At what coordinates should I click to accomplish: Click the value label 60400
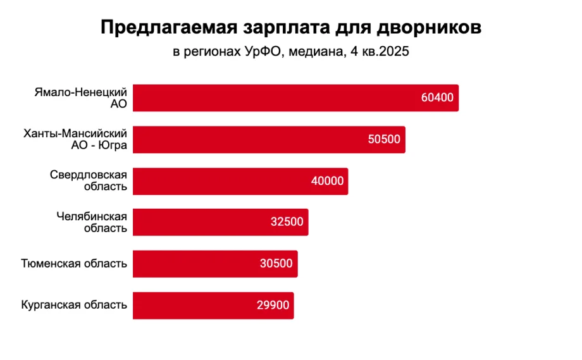437,98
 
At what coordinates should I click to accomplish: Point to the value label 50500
384,139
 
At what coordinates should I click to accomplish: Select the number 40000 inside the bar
327,181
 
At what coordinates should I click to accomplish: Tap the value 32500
287,222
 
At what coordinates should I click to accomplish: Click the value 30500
276,264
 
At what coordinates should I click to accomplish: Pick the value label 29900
273,305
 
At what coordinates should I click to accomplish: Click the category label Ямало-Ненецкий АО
80,98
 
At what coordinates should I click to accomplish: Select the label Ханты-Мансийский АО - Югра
75,139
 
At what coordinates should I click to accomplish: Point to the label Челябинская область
92,222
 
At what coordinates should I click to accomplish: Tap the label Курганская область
73,305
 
